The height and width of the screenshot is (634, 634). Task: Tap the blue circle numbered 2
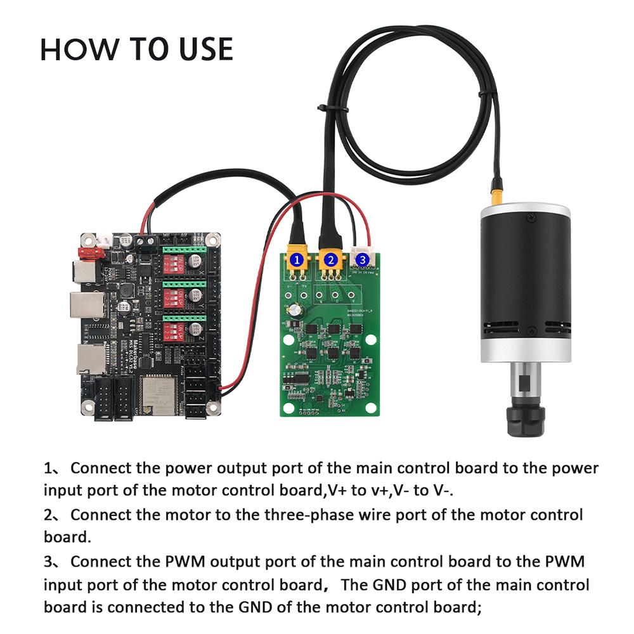330,259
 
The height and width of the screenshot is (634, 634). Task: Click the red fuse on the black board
89,252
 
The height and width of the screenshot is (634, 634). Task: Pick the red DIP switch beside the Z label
172,332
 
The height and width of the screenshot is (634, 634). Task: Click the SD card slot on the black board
87,358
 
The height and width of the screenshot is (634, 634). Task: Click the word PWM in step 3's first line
184,561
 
